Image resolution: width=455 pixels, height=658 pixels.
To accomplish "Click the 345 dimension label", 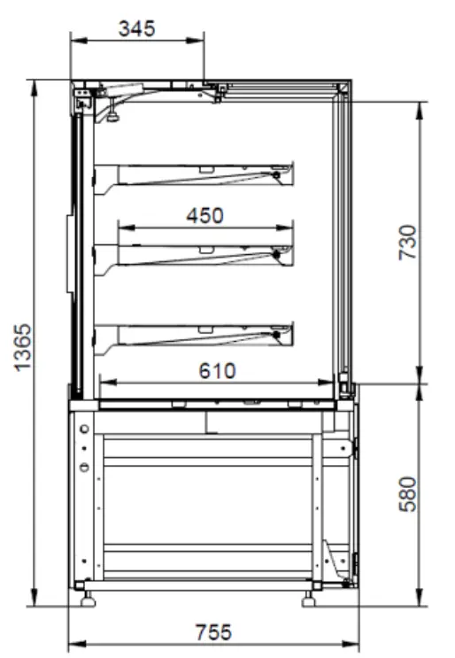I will (137, 27).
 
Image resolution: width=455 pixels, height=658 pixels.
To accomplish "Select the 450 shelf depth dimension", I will (204, 215).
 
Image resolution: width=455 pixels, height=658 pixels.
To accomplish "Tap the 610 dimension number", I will (217, 370).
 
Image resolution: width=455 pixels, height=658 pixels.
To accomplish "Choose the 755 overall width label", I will (212, 632).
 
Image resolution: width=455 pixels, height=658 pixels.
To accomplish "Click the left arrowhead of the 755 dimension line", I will (73, 644).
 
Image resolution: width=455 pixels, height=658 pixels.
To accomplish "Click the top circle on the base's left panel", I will (84, 430).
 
